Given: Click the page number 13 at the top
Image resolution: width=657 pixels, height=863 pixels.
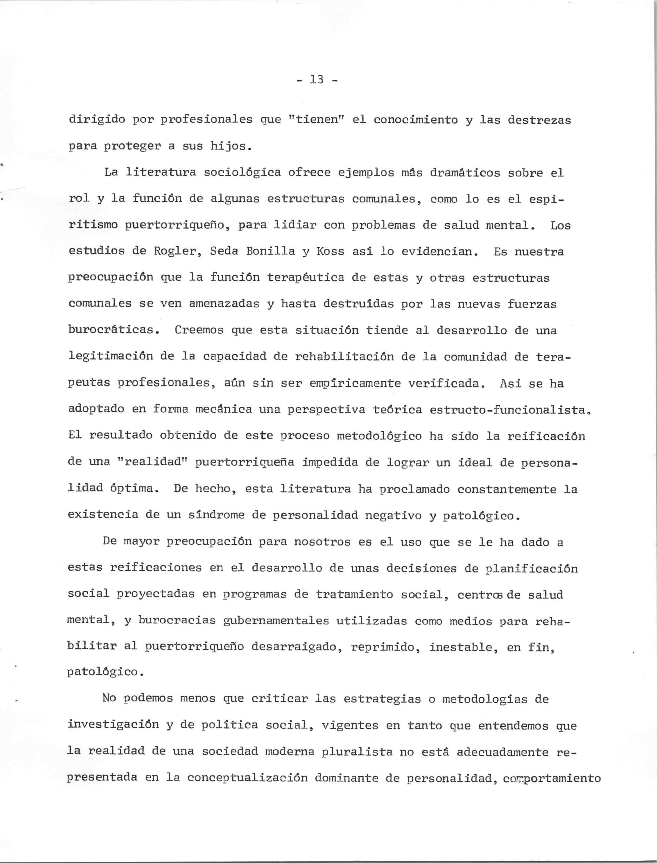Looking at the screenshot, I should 317,80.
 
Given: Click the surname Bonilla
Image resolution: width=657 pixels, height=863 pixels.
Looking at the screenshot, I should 270,252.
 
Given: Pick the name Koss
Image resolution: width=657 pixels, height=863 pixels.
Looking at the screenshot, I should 331,252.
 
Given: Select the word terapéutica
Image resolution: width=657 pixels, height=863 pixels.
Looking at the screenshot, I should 306,278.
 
